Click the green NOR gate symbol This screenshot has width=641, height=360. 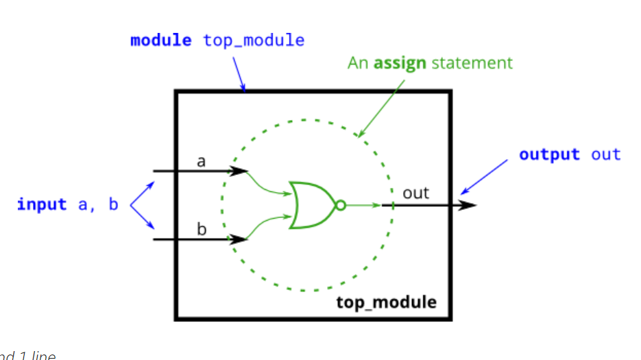point(310,205)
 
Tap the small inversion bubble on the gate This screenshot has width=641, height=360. point(340,205)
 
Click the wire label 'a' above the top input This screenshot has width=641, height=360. point(201,162)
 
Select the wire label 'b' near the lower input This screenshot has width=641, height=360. point(202,229)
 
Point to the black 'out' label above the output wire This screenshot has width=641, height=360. point(415,193)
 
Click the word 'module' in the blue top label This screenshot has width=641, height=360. point(161,40)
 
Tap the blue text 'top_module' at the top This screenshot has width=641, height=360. point(254,40)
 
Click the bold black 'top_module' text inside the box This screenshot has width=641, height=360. point(386,302)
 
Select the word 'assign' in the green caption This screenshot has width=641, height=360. point(400,64)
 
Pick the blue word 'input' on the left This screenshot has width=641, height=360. point(42,204)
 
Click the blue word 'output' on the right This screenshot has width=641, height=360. point(549,154)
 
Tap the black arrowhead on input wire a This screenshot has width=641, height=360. point(239,171)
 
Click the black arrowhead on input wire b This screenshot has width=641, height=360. point(239,239)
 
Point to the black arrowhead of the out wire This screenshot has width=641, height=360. point(468,205)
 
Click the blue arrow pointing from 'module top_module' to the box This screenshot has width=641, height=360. point(239,73)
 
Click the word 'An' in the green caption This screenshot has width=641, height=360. point(357,64)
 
